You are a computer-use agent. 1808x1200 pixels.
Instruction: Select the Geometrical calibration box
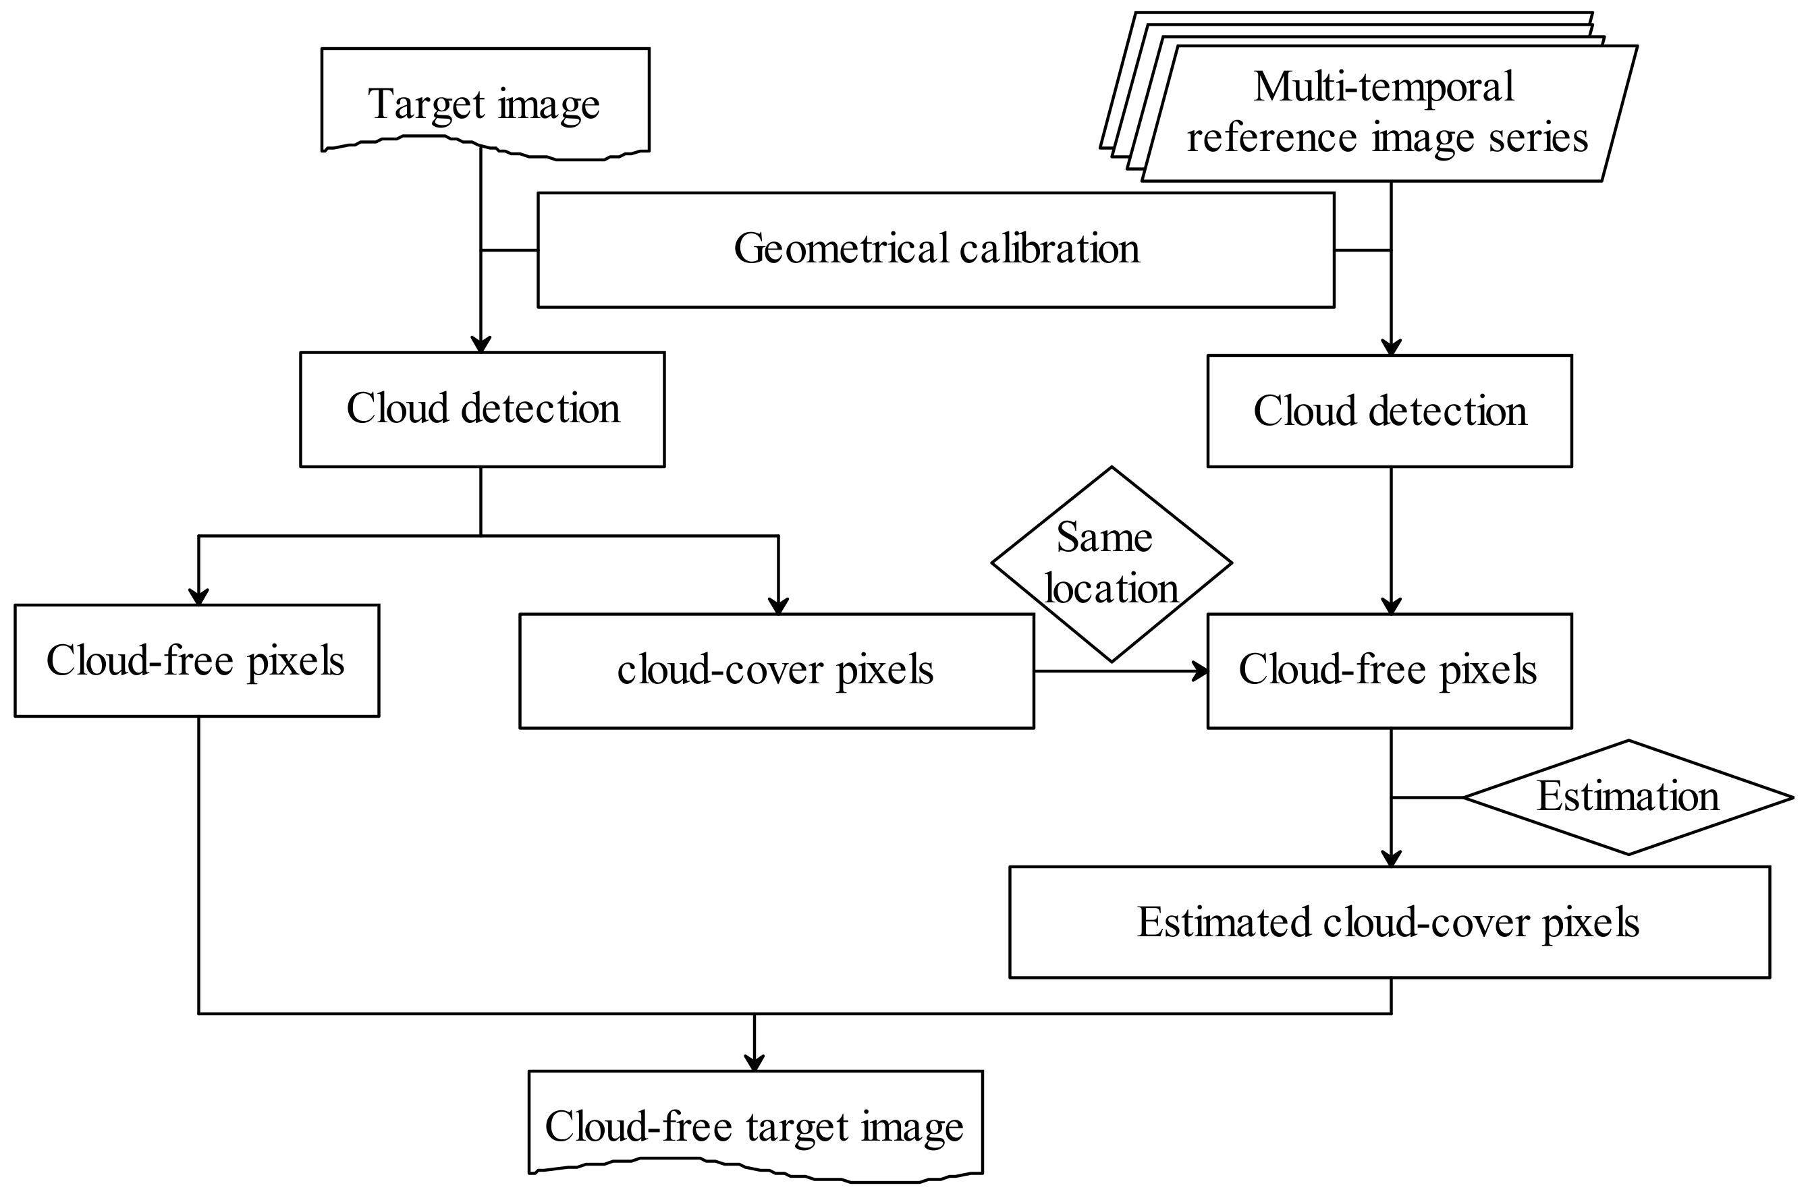point(935,250)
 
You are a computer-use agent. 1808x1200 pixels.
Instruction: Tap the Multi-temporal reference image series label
point(1386,112)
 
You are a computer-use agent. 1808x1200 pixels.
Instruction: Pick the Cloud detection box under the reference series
point(1390,411)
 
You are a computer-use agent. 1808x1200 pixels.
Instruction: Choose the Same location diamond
point(1111,563)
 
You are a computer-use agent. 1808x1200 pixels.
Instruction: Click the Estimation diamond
point(1627,797)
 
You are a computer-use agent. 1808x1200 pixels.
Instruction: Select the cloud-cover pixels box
point(775,670)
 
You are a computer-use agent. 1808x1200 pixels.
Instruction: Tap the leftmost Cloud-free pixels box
point(196,660)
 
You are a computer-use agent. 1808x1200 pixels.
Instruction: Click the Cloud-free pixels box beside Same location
point(1390,670)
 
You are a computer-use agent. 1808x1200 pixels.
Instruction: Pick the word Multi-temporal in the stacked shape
point(1384,86)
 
